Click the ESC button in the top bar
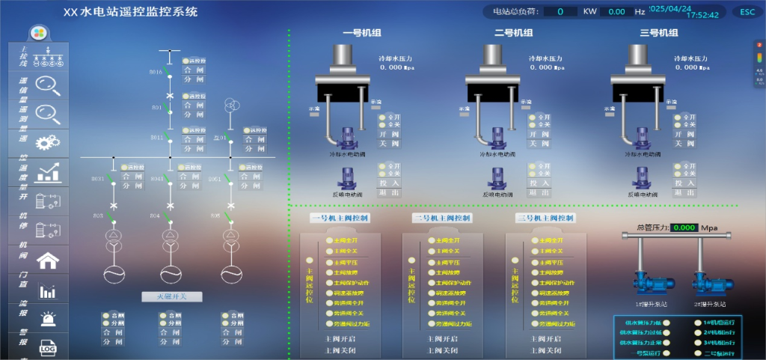(747, 11)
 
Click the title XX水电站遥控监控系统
(131, 12)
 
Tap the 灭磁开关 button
(171, 296)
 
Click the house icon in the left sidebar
(49, 260)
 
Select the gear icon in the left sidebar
(48, 142)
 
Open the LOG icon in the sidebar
(49, 348)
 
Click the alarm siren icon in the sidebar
(49, 320)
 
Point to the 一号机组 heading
(363, 33)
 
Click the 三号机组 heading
(658, 33)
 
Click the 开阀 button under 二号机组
(538, 134)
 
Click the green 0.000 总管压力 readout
(684, 228)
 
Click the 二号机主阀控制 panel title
(441, 218)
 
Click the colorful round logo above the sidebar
(38, 34)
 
